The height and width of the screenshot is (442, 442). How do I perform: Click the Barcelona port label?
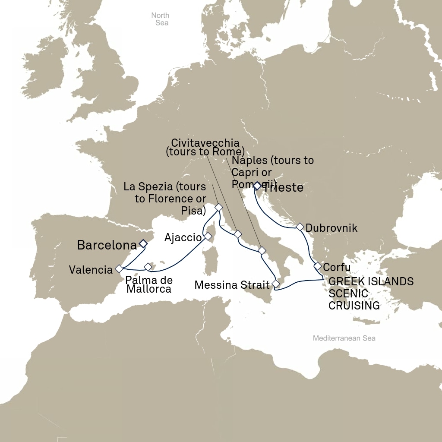[107, 245]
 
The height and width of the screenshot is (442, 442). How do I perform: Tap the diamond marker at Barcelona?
[143, 244]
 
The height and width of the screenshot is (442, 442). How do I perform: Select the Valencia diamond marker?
[119, 269]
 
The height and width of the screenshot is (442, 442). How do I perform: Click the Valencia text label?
[91, 270]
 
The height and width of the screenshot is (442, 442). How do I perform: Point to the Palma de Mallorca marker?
[148, 267]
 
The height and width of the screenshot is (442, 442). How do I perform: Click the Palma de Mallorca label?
[149, 284]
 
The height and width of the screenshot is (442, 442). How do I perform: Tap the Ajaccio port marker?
[208, 236]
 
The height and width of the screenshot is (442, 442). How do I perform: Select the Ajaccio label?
[183, 237]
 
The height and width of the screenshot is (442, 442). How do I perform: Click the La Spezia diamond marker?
[218, 207]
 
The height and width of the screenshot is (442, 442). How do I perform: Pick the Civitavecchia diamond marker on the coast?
[238, 234]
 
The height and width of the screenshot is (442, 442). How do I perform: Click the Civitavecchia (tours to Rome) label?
[205, 147]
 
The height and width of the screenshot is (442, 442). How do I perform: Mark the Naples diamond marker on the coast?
[262, 250]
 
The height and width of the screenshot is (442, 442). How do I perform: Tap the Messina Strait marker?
[275, 284]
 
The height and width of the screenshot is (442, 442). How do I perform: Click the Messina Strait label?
[231, 285]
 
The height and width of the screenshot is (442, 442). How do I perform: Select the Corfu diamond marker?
[317, 266]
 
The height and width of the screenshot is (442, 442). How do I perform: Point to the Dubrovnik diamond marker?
[299, 227]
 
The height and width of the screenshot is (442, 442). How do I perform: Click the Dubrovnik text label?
[331, 228]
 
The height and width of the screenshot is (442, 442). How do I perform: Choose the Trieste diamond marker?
[257, 186]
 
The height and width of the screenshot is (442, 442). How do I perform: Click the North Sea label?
[160, 19]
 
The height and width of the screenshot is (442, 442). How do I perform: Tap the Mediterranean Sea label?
[344, 338]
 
